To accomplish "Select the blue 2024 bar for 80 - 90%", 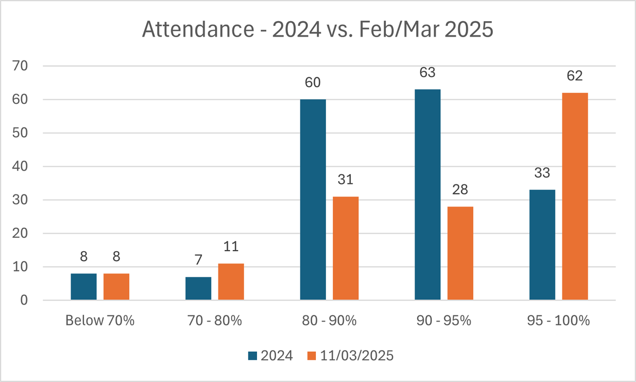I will [313, 200].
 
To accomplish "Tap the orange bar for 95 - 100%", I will [575, 197].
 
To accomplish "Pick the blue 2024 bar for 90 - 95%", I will [427, 195].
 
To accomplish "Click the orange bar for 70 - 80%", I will [231, 282].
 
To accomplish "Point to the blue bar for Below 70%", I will [84, 287].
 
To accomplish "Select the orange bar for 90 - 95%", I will [460, 253].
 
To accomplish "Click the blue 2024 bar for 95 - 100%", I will [542, 245].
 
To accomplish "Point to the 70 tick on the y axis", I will [24, 66].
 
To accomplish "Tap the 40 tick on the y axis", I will [24, 166].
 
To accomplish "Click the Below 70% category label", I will [100, 321].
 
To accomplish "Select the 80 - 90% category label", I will [330, 321].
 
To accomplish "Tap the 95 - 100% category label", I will [559, 321].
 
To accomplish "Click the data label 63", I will [427, 73].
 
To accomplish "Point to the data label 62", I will [575, 76].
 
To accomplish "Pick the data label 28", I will [460, 190].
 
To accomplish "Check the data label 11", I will [231, 246].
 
